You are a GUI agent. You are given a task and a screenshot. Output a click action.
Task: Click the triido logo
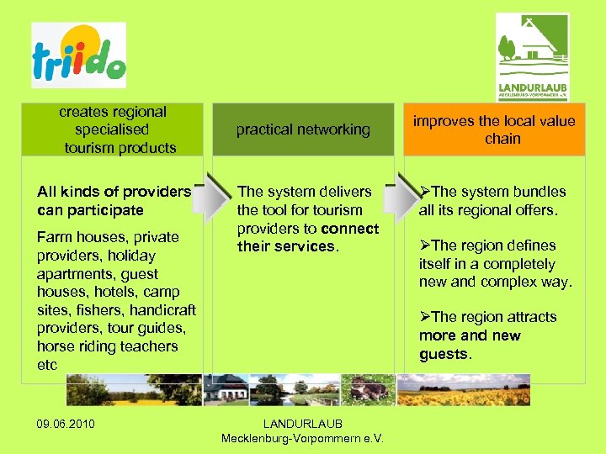78,56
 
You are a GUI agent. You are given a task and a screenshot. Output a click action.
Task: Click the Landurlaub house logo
532,55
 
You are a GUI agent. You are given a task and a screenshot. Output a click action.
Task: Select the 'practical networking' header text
303,129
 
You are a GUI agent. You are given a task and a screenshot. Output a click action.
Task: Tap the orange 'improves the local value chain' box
494,129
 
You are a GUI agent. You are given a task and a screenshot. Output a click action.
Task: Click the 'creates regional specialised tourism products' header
112,129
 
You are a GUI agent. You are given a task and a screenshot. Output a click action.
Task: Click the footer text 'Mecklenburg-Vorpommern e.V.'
303,438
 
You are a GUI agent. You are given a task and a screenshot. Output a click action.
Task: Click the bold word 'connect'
349,229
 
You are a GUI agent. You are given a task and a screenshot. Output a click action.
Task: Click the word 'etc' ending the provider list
47,365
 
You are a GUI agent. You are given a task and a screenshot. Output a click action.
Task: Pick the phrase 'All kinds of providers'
114,192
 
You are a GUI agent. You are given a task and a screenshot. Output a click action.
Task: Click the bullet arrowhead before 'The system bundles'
425,192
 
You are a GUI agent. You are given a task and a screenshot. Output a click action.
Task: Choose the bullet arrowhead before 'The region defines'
425,245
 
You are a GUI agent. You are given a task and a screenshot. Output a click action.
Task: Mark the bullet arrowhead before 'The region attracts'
425,317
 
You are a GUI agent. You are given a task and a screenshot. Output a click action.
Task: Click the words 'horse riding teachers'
108,346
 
